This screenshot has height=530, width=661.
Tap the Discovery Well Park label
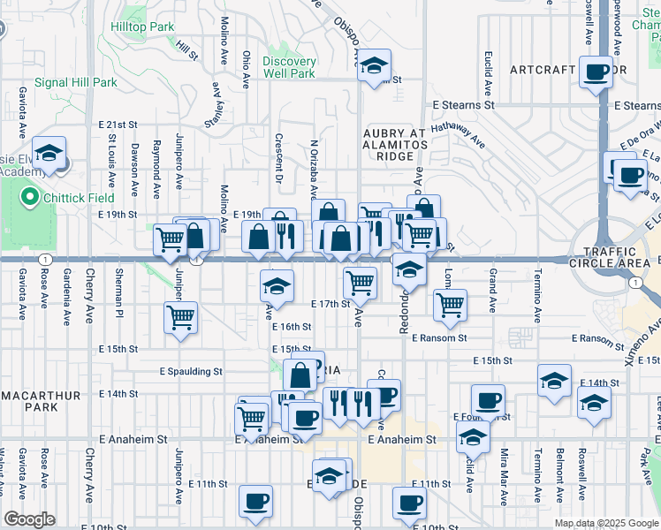coord(289,67)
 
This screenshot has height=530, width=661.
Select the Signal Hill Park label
coord(75,83)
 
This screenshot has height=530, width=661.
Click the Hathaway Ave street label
coord(460,134)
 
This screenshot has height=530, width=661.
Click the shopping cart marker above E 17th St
coord(359,283)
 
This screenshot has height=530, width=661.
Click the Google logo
coord(29,519)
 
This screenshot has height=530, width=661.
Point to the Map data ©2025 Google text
coord(606,523)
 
